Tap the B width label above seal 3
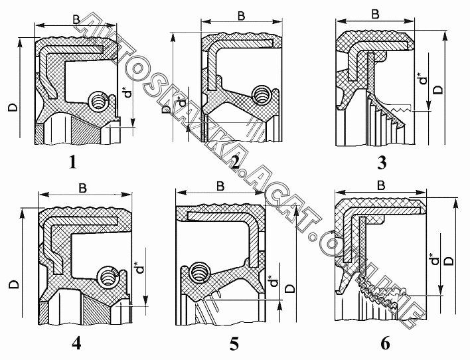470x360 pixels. [376, 14]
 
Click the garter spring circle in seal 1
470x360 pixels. [98, 102]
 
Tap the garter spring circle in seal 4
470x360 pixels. [106, 276]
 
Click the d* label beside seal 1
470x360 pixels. [126, 94]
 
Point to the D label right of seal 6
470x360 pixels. [452, 261]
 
